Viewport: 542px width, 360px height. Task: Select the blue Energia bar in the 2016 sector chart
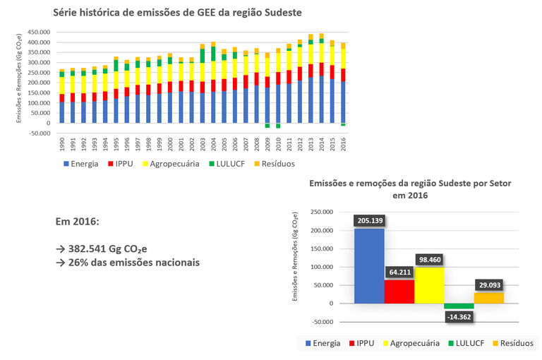[369, 268]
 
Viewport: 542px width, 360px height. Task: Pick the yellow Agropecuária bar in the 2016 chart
[429, 286]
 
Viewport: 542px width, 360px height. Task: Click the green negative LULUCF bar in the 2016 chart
[459, 306]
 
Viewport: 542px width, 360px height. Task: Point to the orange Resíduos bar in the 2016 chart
[488, 298]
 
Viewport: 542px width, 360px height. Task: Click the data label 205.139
[369, 221]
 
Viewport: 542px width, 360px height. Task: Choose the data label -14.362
[459, 317]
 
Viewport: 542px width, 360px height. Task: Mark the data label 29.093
[488, 286]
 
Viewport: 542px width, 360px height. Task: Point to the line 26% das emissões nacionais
[127, 263]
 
